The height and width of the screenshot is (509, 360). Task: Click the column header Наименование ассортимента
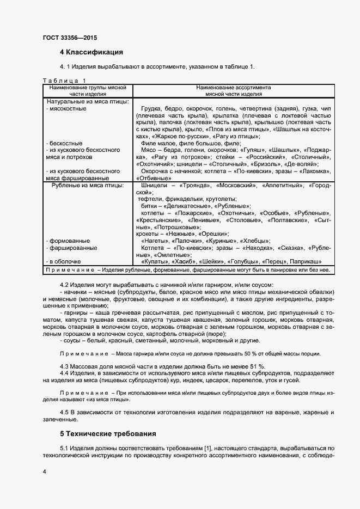pos(234,87)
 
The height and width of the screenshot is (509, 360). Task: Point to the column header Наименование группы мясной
pos(88,87)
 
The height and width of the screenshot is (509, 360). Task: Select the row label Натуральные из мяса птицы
pos(88,101)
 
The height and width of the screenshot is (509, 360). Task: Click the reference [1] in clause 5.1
pos(207,447)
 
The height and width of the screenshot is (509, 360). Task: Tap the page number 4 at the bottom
pos(44,471)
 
